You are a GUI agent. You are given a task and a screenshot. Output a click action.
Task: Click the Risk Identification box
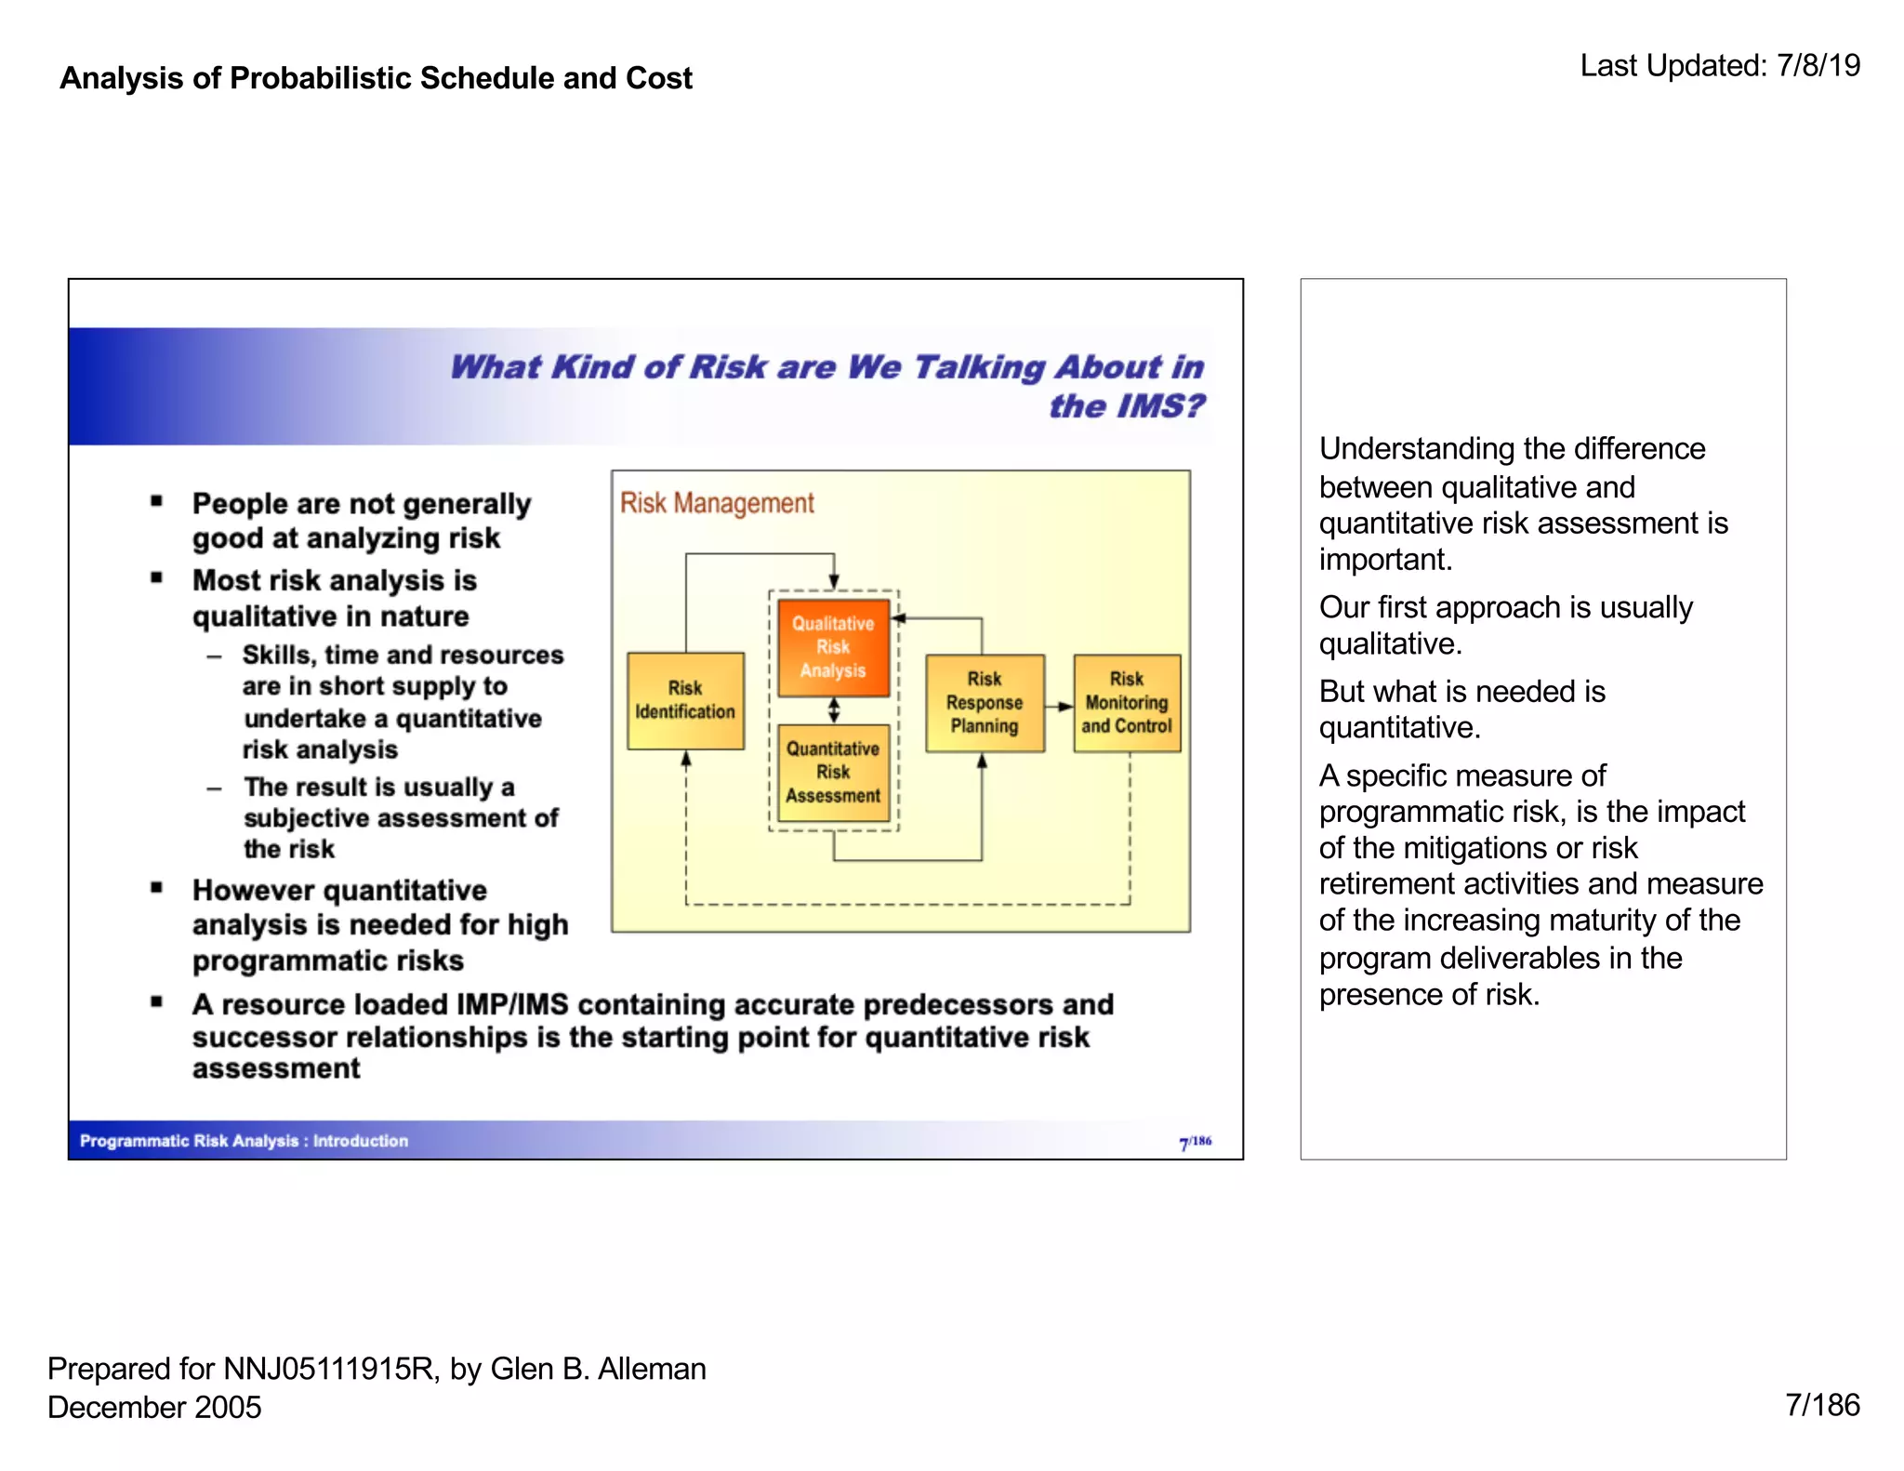pos(685,700)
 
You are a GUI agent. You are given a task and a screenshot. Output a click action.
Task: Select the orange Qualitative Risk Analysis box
pos(833,647)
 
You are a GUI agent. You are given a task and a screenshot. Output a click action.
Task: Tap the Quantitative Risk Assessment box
pos(833,772)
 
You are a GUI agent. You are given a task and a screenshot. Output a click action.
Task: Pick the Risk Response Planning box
pos(985,702)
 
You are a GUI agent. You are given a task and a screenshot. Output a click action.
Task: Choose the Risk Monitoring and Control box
pos(1126,702)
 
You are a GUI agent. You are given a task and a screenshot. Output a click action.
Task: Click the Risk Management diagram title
pos(717,503)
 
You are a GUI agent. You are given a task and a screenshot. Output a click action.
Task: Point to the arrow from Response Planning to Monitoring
pos(1059,707)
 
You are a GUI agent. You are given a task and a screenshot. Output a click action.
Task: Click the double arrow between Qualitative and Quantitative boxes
pos(834,710)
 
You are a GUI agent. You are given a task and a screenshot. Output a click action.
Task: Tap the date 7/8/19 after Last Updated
pos(1818,66)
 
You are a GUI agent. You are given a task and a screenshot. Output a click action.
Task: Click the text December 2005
pos(154,1407)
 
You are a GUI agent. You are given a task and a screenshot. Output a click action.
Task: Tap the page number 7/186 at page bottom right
pos(1822,1405)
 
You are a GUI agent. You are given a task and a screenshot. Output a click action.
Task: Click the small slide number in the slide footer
pos(1195,1142)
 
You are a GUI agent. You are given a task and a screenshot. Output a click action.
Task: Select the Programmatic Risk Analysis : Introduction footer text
pos(244,1141)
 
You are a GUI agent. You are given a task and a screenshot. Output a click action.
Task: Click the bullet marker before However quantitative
pos(156,888)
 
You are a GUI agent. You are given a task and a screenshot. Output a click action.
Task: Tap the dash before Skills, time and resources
pos(215,656)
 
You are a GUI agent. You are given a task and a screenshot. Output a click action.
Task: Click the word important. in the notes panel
pos(1385,560)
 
